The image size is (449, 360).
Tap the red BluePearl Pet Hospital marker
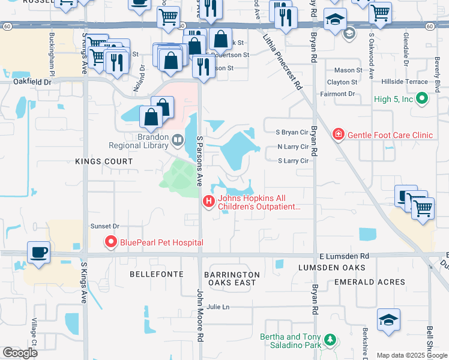point(110,242)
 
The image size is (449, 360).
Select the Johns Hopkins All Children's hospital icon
point(209,201)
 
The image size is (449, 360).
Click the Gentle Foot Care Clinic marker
point(339,134)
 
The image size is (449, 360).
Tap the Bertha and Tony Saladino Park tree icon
point(330,341)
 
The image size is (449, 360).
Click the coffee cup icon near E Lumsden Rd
point(39,252)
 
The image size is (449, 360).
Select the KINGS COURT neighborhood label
point(104,161)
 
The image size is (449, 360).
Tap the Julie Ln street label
point(218,307)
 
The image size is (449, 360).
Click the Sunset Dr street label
point(105,226)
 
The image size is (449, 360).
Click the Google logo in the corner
point(20,352)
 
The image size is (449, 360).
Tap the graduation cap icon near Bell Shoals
point(388,321)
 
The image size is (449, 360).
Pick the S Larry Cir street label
point(292,161)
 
